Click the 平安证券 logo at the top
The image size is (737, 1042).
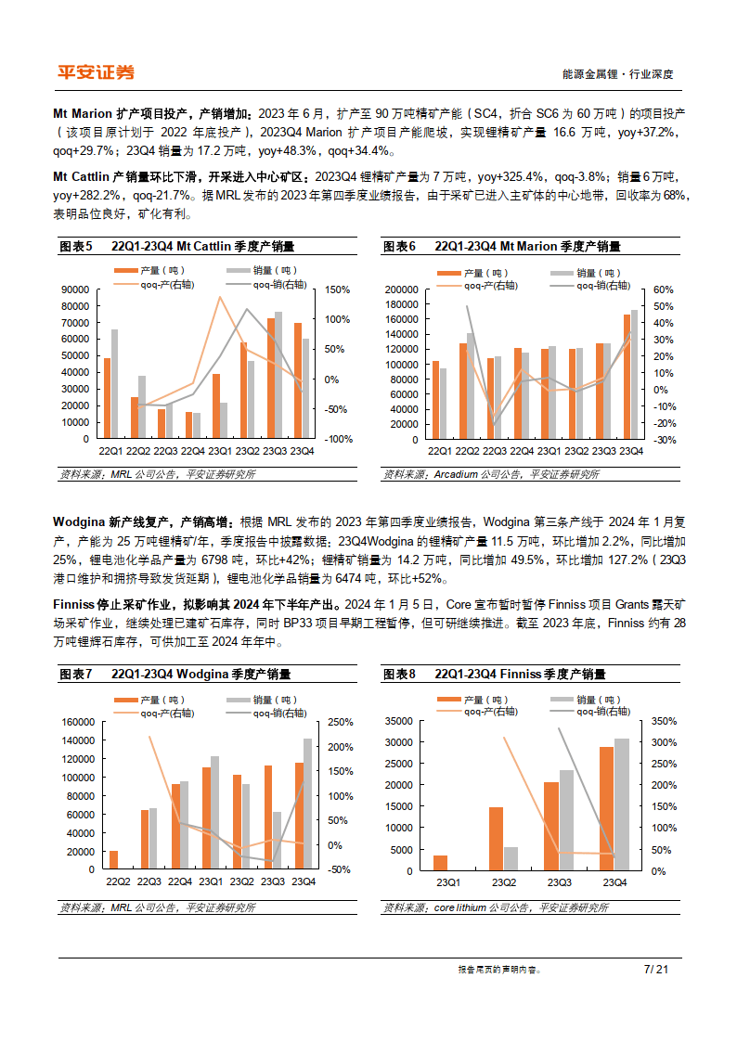95,72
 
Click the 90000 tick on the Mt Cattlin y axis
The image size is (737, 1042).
76,289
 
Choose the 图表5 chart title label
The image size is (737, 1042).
75,247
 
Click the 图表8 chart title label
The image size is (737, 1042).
400,675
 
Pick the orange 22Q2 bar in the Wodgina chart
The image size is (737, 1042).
113,861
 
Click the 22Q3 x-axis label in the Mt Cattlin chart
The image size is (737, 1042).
165,451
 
